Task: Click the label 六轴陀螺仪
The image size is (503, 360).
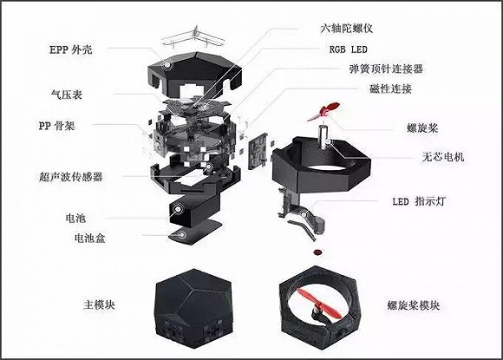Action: coord(346,29)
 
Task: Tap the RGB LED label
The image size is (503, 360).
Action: coord(348,49)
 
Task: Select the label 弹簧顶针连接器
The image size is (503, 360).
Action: coord(386,69)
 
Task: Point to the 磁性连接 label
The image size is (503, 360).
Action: coord(390,88)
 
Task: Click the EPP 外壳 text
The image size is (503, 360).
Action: coord(71,49)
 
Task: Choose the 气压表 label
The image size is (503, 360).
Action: coord(67,95)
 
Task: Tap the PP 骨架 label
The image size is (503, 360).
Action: coord(56,126)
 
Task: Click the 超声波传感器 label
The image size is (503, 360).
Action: coord(71,177)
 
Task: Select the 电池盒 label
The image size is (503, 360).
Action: coord(90,238)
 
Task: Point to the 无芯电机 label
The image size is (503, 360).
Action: coord(443,156)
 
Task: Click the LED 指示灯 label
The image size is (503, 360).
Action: coord(419,201)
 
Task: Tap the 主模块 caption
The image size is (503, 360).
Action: coord(99,304)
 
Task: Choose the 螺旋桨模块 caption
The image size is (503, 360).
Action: coord(413,305)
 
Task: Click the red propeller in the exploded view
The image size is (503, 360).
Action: coord(324,111)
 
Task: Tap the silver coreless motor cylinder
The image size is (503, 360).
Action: coord(323,137)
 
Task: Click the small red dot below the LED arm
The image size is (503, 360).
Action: coord(318,252)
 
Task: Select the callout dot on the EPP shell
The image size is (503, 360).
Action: coord(167,64)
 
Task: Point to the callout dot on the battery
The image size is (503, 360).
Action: coord(178,209)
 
